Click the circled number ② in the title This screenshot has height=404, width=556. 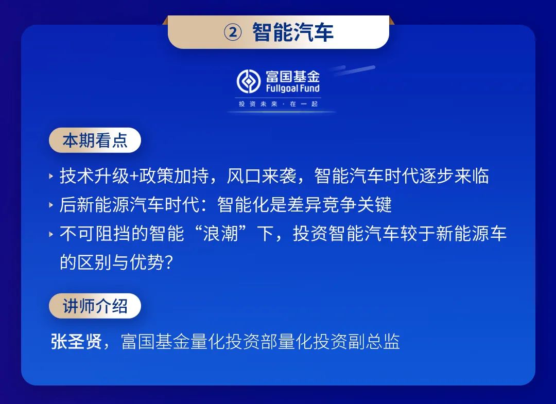click(233, 32)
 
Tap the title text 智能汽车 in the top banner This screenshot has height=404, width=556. click(293, 32)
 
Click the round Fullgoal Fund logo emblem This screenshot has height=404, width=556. click(249, 81)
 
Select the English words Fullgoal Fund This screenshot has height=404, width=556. click(293, 88)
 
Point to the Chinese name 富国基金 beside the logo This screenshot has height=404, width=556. click(293, 76)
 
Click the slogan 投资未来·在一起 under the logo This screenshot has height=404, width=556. click(278, 104)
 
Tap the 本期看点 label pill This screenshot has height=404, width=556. click(95, 140)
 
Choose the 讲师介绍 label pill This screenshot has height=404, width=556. click(95, 306)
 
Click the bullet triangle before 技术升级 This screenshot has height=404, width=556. click(51, 176)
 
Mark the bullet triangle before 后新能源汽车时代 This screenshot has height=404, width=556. click(51, 205)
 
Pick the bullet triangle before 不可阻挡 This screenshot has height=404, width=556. click(51, 234)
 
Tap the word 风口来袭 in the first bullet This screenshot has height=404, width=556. click(262, 176)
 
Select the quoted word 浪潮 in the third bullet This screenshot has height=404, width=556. click(220, 234)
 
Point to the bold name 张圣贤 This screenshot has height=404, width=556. click(77, 342)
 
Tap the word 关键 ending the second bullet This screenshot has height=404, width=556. click(374, 205)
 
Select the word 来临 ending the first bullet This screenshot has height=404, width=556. click(472, 176)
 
